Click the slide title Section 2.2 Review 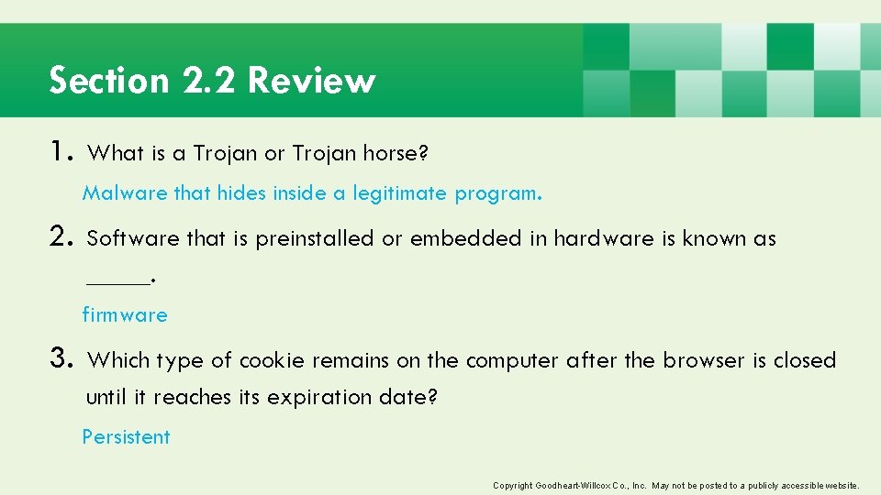click(212, 81)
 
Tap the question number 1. click(62, 152)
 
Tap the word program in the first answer click(496, 194)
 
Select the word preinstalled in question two click(315, 239)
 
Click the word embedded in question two click(466, 239)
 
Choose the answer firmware click(125, 315)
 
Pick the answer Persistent click(126, 437)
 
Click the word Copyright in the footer click(511, 485)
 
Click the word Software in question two click(132, 239)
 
